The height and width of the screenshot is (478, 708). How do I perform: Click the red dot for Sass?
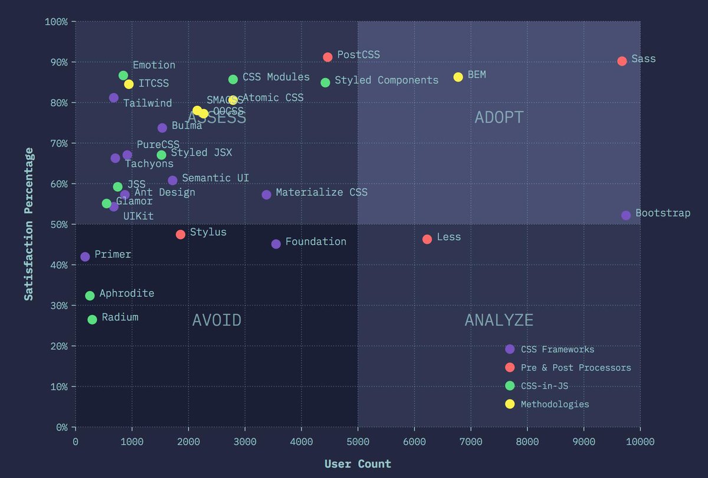[x=622, y=61]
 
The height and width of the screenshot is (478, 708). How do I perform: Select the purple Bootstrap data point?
[x=626, y=215]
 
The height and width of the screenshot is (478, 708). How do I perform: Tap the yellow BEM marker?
[x=458, y=77]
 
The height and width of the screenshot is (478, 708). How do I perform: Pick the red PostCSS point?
[x=327, y=57]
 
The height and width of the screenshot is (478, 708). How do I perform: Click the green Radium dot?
[x=92, y=319]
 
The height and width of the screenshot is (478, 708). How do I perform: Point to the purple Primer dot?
[x=85, y=257]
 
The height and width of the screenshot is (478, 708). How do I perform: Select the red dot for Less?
[x=427, y=239]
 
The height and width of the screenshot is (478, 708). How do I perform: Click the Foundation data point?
[x=276, y=244]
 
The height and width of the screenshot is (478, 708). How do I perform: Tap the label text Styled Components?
[x=386, y=80]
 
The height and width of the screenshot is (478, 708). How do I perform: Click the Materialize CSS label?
[x=322, y=192]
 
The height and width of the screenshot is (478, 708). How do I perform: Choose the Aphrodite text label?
[x=127, y=293]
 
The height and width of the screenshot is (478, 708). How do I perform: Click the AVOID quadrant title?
[x=217, y=320]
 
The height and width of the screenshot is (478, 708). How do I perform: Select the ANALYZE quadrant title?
[x=499, y=320]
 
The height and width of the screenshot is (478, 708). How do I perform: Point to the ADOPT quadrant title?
[x=499, y=117]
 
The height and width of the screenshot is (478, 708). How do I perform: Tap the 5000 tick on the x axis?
[x=358, y=441]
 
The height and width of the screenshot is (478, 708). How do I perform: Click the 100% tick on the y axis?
[x=57, y=22]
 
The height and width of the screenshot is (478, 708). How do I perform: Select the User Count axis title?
[x=358, y=464]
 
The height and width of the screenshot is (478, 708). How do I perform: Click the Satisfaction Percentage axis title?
[x=28, y=224]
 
